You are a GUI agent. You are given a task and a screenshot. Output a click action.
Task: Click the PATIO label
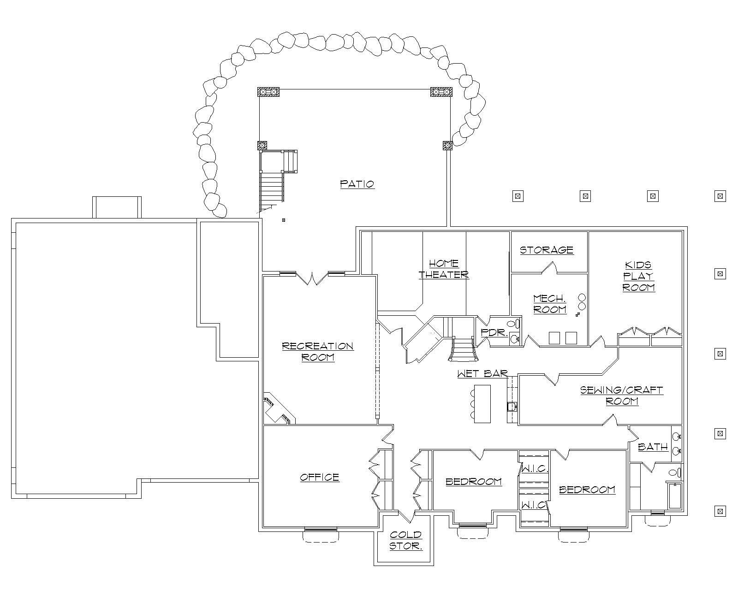[x=357, y=184]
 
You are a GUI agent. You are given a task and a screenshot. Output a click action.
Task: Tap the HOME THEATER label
[x=444, y=269]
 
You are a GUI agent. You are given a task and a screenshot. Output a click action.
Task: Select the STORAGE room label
[x=547, y=250]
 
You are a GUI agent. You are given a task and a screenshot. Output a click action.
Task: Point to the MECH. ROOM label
[x=549, y=304]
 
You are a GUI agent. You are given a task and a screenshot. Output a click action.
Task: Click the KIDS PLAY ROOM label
[x=639, y=276]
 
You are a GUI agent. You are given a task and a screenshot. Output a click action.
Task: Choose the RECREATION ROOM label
[x=318, y=351]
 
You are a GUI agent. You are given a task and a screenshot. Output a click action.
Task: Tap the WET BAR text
[x=482, y=373]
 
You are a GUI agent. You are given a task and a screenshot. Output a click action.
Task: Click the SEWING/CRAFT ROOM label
[x=621, y=395]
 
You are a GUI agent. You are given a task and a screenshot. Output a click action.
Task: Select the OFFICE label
[x=320, y=477]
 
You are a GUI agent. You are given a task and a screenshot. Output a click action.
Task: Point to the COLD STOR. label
[x=405, y=541]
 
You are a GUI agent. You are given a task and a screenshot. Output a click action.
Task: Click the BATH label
[x=653, y=447]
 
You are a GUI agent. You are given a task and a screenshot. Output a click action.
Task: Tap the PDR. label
[x=494, y=332]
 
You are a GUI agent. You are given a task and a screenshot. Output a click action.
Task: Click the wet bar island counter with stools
[x=482, y=403]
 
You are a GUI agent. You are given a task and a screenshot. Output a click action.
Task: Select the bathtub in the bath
[x=675, y=496]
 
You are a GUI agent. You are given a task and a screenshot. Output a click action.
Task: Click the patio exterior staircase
[x=272, y=189]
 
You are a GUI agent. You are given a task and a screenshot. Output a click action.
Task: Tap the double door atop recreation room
[x=312, y=278]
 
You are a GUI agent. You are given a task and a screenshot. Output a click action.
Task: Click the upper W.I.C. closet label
[x=534, y=469]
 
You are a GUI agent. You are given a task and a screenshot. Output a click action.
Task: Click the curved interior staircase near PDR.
[x=463, y=349]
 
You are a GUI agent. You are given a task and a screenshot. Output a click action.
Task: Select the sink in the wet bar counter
[x=512, y=407]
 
